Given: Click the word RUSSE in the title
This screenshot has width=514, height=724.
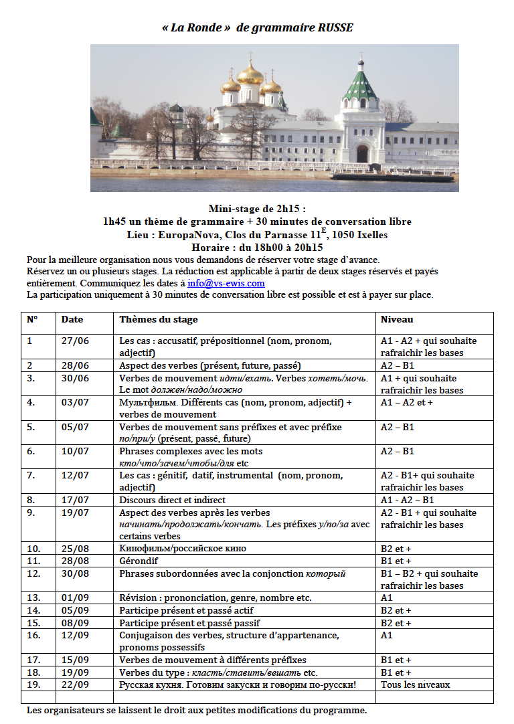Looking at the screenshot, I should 333,27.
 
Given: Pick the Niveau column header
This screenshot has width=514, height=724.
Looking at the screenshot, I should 397,320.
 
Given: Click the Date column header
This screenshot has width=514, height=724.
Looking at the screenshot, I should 72,320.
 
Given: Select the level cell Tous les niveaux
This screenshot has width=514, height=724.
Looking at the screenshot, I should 415,685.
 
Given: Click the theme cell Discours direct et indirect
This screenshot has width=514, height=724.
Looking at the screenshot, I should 172,500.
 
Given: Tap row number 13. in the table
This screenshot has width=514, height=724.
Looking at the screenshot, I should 34,598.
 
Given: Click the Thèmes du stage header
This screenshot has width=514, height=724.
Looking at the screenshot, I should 159,320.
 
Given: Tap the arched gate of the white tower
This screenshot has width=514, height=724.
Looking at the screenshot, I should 362,154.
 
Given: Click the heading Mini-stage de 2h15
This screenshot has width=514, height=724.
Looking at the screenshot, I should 257,209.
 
